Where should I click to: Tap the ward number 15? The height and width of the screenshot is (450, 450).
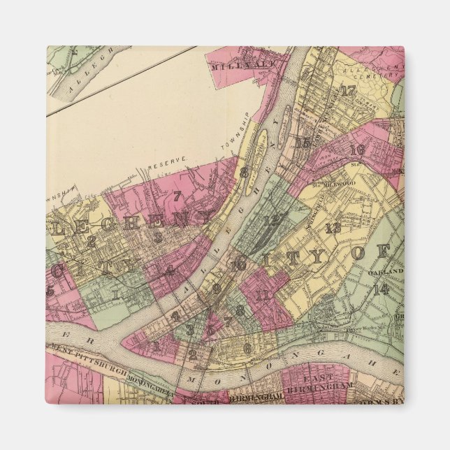click(x=303, y=144)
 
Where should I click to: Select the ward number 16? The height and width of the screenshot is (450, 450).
click(x=357, y=150)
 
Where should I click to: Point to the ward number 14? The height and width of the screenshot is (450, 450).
click(x=381, y=289)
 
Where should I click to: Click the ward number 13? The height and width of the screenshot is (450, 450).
click(x=333, y=227)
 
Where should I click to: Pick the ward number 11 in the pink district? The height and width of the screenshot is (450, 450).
click(x=263, y=295)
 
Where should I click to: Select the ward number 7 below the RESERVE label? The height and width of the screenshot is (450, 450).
click(x=177, y=196)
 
